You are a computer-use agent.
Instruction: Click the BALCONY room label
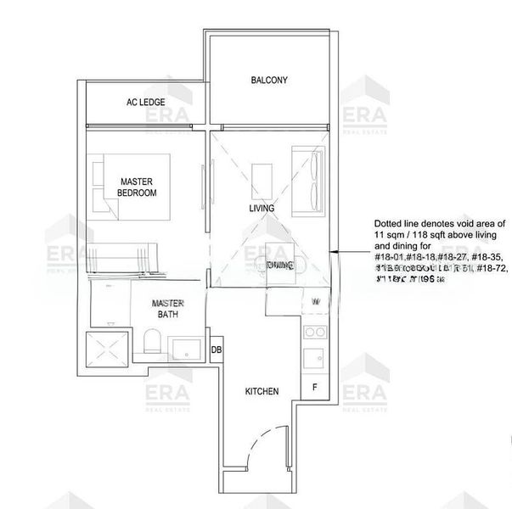click(x=269, y=81)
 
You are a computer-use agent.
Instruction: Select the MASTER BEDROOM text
click(x=138, y=187)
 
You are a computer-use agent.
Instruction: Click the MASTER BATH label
click(x=168, y=309)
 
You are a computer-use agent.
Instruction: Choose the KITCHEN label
click(x=262, y=391)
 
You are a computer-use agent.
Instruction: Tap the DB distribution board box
click(x=217, y=350)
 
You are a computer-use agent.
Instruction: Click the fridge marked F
click(x=314, y=388)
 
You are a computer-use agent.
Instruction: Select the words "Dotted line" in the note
click(x=395, y=220)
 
